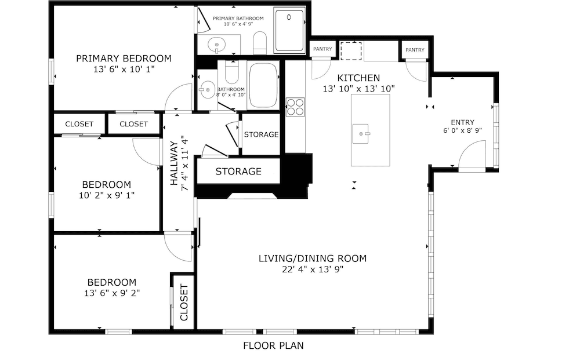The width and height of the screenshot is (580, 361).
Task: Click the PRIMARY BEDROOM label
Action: pos(124,58)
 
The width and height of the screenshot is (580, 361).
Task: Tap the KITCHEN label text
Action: pos(358,78)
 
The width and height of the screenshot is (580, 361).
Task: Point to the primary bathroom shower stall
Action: pos(289,31)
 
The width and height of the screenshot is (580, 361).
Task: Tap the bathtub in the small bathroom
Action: pos(263,85)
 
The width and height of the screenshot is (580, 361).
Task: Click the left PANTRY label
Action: pos(322,49)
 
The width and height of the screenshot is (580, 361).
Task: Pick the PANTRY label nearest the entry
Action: pos(415,50)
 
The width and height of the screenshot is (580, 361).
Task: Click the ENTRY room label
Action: pos(462,122)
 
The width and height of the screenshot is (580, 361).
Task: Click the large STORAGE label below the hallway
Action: pos(238,172)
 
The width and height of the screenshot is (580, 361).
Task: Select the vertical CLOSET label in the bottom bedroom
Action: pos(184,302)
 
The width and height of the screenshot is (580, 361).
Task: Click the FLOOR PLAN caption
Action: pos(273,346)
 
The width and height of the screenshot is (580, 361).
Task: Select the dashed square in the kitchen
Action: pos(350,50)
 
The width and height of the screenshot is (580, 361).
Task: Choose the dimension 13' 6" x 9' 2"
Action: pos(111,293)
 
